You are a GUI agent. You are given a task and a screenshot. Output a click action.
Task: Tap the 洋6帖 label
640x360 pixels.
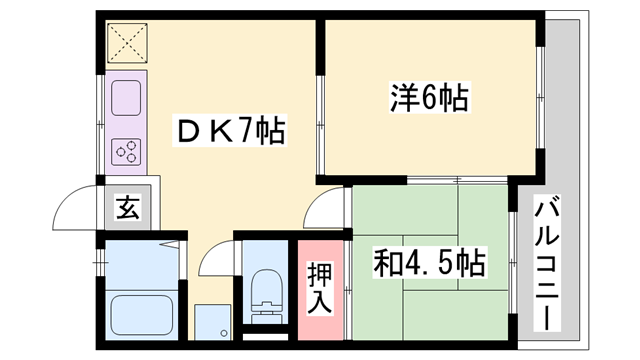[429, 98]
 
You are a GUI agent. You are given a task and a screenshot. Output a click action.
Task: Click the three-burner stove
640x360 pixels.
[126, 152]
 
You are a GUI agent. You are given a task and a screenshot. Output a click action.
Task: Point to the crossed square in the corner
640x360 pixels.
[127, 44]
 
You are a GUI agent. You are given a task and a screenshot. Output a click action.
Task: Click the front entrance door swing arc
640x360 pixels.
[75, 205]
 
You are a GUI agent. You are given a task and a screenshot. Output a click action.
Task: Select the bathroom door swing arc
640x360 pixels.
[215, 262]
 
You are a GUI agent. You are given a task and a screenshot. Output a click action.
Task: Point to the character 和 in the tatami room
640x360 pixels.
[387, 263]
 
